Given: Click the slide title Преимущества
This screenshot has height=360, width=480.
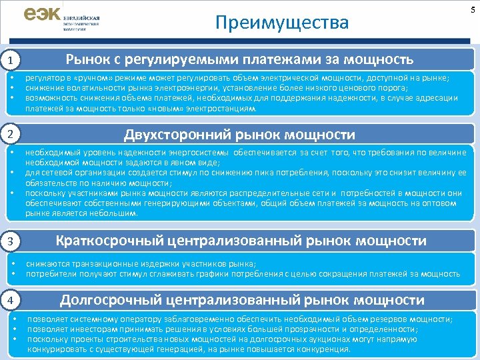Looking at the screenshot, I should click(x=282, y=23).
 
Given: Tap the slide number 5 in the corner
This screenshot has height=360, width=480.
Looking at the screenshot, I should click(x=473, y=6).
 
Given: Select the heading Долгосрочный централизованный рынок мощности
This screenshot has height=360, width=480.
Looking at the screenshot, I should click(x=242, y=299).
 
